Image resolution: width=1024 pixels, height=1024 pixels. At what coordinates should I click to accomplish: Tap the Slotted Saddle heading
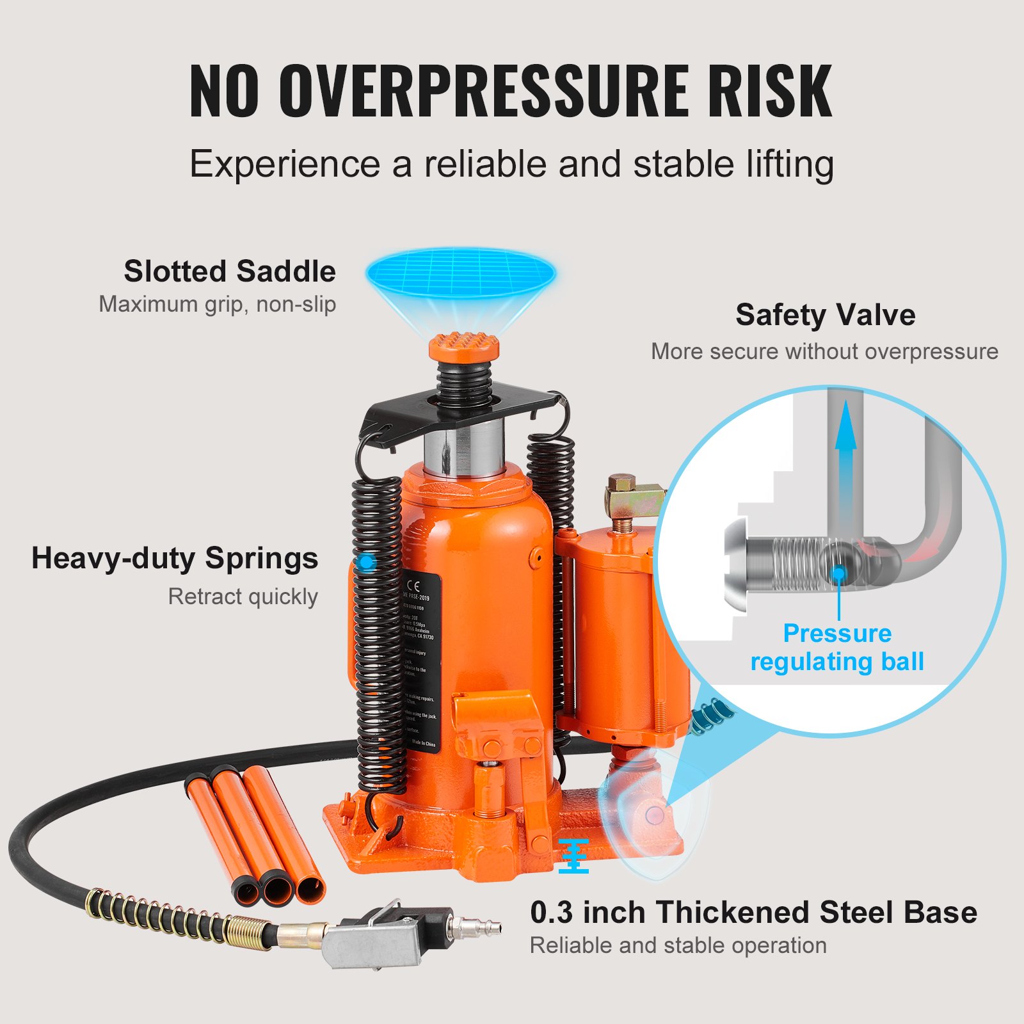(x=230, y=271)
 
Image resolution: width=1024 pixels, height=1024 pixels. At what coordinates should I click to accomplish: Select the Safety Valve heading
(x=825, y=315)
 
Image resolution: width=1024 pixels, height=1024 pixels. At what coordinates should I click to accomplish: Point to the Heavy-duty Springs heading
(x=175, y=558)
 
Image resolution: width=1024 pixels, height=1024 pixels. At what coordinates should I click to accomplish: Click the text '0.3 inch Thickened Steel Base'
(x=753, y=912)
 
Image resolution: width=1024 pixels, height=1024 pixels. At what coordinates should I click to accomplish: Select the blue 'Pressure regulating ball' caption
(x=837, y=647)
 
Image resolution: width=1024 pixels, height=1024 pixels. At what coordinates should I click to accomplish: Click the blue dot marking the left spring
(x=366, y=563)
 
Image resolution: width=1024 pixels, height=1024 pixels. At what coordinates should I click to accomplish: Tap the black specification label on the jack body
(x=420, y=659)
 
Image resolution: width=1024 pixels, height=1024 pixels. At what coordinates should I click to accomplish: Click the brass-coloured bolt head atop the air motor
(x=622, y=482)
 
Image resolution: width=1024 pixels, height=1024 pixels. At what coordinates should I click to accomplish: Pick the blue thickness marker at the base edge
(x=573, y=856)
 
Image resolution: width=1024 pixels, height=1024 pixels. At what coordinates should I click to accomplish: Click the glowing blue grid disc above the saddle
(x=461, y=273)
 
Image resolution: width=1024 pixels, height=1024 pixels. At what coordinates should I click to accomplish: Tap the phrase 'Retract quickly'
(x=243, y=596)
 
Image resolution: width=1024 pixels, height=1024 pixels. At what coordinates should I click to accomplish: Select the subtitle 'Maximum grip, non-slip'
(x=217, y=304)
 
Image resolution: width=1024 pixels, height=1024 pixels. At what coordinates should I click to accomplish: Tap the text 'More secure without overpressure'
(x=824, y=351)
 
